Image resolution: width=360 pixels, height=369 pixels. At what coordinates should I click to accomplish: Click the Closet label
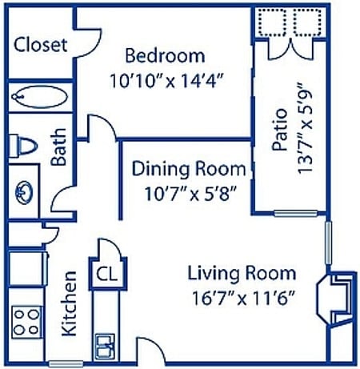(41, 45)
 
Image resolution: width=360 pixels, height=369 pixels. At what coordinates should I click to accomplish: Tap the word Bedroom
(165, 56)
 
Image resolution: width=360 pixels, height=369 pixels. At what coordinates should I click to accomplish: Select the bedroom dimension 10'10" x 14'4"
(166, 80)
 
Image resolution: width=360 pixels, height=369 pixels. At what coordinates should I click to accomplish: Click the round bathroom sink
(24, 193)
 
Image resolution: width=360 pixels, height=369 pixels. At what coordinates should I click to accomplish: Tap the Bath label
(58, 148)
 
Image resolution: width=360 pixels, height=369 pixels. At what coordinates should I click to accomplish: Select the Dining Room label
(188, 169)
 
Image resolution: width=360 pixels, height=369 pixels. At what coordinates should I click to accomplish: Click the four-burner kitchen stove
(26, 322)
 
